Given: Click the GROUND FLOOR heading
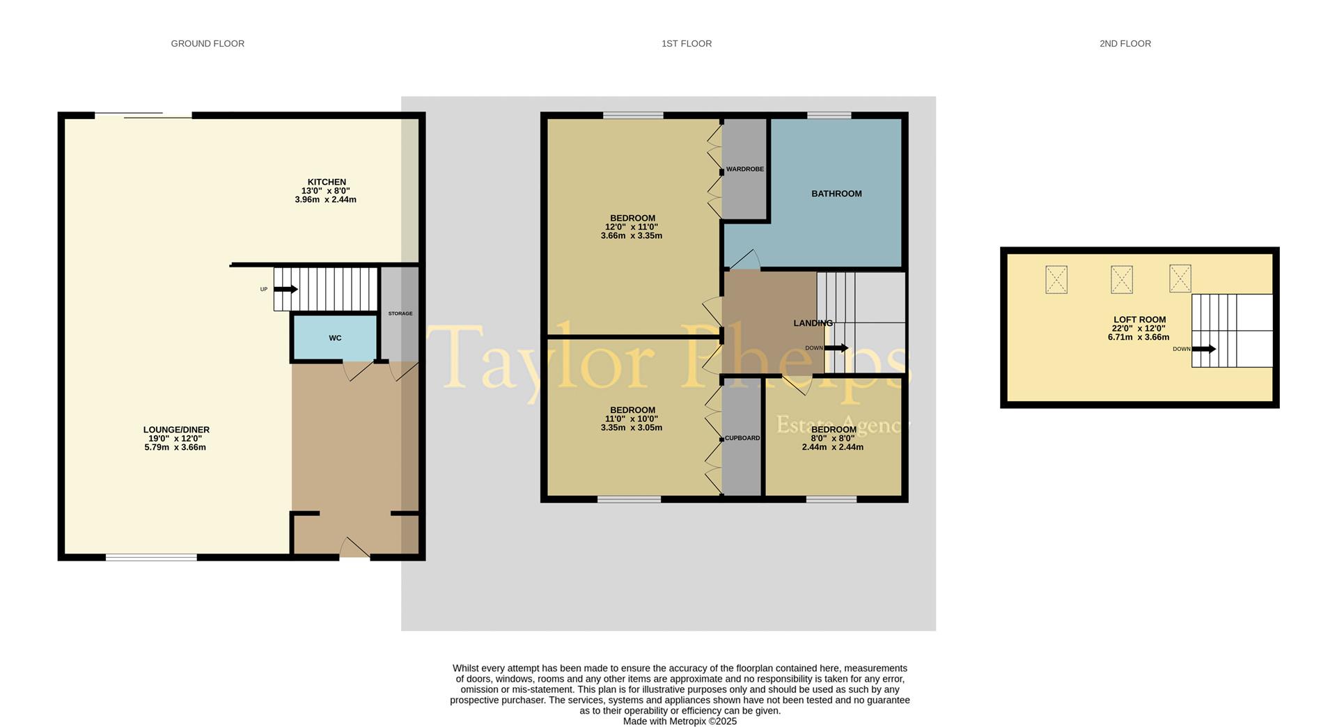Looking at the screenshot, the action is click(x=208, y=44).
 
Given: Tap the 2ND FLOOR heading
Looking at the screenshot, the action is click(x=1125, y=44).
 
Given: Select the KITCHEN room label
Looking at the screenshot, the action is click(x=327, y=182).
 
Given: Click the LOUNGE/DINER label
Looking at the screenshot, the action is click(x=176, y=430).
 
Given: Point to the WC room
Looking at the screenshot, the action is click(x=335, y=338).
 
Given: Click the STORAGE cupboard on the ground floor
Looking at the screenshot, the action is click(x=400, y=313).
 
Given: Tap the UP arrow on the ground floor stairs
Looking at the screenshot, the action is click(x=286, y=289).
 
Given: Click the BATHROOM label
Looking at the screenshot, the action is click(x=836, y=194).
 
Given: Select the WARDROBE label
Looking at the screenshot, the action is click(x=744, y=169).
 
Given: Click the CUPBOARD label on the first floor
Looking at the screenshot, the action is click(x=742, y=439).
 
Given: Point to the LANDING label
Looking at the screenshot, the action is click(x=813, y=323).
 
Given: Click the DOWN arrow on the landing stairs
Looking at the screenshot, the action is click(x=836, y=348).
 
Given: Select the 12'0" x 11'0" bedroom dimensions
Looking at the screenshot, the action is click(x=632, y=227).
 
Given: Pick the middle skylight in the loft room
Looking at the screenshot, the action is click(x=1121, y=280).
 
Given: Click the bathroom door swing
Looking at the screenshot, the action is click(x=744, y=259).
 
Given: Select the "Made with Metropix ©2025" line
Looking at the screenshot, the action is click(x=680, y=721).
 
